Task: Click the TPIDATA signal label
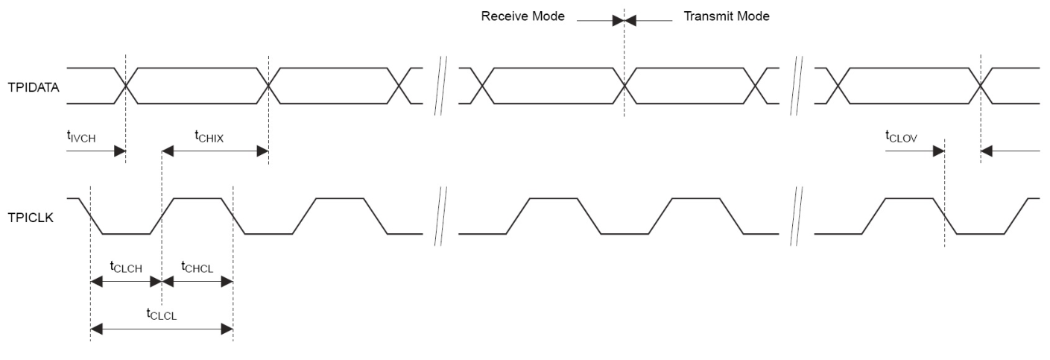point(34,87)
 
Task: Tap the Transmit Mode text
point(727,16)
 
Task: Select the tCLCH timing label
point(126,266)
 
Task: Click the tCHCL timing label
point(197,266)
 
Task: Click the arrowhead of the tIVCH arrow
point(119,151)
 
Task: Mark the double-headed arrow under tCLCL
point(162,329)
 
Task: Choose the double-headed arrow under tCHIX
point(215,151)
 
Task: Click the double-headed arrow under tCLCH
point(126,282)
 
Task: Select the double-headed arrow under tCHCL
point(197,282)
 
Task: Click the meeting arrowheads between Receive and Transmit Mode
point(624,21)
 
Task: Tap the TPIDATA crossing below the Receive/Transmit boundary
point(624,86)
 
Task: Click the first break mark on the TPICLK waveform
point(440,216)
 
